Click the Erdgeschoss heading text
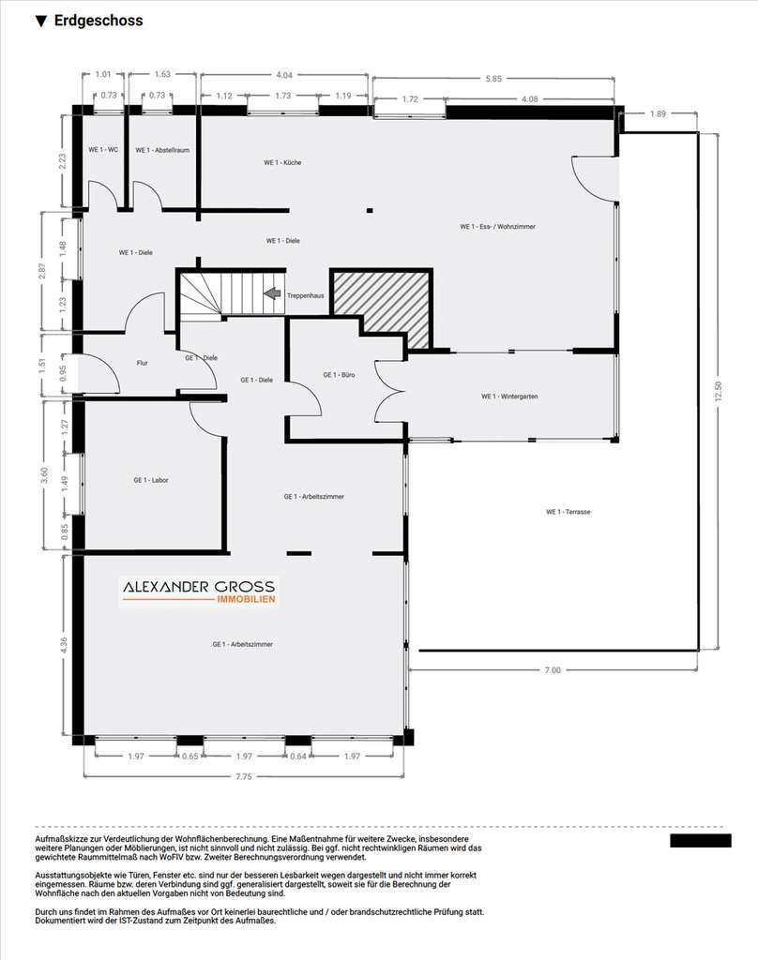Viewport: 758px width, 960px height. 98,21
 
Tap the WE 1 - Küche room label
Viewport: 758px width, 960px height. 281,163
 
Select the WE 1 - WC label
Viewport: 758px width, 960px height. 103,149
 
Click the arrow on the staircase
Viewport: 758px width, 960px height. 272,293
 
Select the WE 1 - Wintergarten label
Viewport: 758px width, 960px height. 509,397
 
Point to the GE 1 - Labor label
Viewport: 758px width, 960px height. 150,480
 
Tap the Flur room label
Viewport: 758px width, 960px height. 143,363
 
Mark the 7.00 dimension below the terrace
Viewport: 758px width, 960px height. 553,670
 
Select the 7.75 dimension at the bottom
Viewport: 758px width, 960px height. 244,776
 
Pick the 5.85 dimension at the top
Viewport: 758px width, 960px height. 493,79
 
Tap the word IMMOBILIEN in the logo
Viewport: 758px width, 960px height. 247,600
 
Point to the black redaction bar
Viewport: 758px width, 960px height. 700,840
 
